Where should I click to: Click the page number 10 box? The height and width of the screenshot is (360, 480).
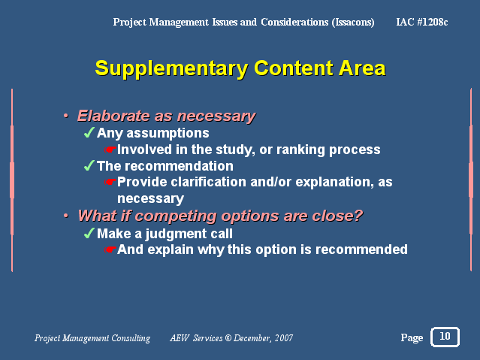pyautogui.click(x=445, y=337)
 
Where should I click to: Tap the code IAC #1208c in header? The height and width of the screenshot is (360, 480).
pyautogui.click(x=422, y=22)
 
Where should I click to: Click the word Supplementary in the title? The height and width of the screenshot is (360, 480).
pyautogui.click(x=171, y=69)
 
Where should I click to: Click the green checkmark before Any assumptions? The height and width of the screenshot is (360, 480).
pyautogui.click(x=89, y=133)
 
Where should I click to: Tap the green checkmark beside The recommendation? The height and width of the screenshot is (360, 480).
pyautogui.click(x=89, y=166)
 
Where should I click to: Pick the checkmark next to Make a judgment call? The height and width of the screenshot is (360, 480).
pyautogui.click(x=89, y=234)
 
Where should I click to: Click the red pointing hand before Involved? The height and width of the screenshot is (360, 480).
pyautogui.click(x=110, y=150)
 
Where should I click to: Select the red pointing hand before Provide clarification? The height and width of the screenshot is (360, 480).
pyautogui.click(x=110, y=182)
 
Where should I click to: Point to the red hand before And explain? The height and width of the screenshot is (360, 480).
pyautogui.click(x=110, y=250)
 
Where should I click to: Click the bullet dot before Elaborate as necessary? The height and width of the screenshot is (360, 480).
pyautogui.click(x=66, y=116)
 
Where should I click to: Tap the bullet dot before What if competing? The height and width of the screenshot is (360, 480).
pyautogui.click(x=66, y=216)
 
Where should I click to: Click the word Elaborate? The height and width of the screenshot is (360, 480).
pyautogui.click(x=113, y=116)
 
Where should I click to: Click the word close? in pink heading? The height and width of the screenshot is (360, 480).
pyautogui.click(x=337, y=216)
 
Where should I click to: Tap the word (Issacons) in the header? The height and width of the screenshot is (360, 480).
pyautogui.click(x=353, y=23)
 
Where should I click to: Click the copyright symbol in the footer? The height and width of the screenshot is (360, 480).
pyautogui.click(x=228, y=338)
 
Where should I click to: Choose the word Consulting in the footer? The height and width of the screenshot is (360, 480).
pyautogui.click(x=131, y=338)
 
